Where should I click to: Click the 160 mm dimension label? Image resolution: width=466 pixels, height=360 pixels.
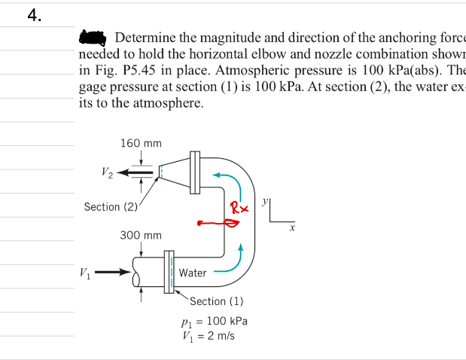point(141,142)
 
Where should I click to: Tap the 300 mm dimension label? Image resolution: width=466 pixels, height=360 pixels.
point(141,236)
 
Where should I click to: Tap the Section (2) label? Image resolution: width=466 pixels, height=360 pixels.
point(111,206)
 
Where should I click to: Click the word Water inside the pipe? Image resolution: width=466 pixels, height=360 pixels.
point(193,273)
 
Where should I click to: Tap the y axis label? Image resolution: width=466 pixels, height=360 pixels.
point(265,203)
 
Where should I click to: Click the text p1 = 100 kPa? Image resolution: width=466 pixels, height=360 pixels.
point(217,321)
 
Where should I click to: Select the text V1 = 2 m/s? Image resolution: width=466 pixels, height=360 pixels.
point(214,335)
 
